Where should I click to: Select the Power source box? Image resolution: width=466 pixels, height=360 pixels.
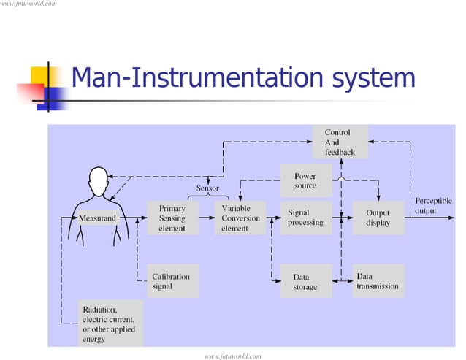[x=305, y=181]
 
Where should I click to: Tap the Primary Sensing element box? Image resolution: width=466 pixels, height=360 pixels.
[x=172, y=218]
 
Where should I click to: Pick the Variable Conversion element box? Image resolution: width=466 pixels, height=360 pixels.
[x=240, y=218]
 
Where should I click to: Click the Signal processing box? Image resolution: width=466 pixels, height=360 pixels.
[x=305, y=218]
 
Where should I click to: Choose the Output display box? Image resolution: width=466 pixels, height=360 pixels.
[x=378, y=218]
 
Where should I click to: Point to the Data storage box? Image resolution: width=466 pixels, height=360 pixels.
[x=305, y=282]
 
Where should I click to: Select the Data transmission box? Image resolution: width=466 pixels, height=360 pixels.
[x=378, y=282]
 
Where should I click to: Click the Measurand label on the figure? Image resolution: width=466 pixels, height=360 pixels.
[x=96, y=218]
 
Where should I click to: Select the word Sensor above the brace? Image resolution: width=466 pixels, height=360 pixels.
[x=207, y=188]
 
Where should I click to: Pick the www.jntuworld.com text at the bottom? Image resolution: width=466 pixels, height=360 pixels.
[x=233, y=355]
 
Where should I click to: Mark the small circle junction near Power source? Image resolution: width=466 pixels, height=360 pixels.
[x=341, y=180]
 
